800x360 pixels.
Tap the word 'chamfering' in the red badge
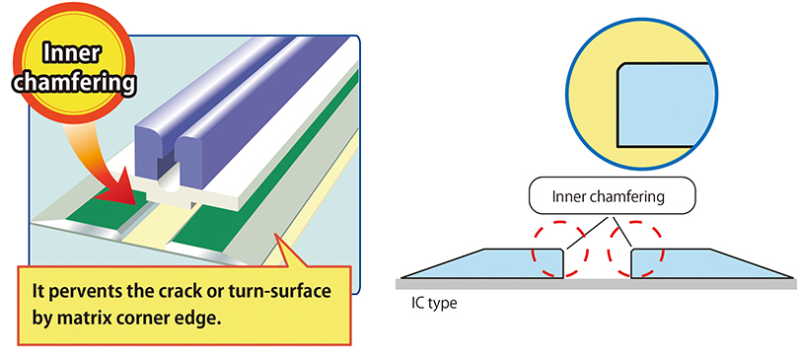coord(75,83)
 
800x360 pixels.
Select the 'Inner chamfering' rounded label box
coord(612,195)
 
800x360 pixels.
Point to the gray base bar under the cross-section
coord(596,282)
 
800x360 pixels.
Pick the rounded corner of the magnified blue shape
coord(620,67)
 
